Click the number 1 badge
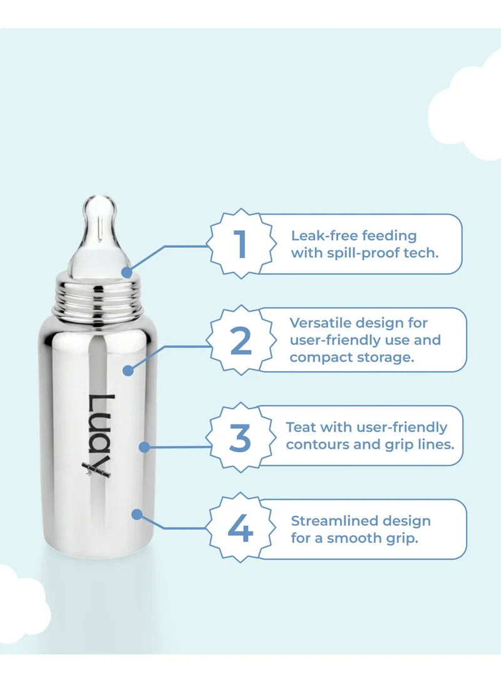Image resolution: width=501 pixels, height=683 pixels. pyautogui.click(x=241, y=244)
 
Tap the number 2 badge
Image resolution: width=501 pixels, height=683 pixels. pyautogui.click(x=241, y=341)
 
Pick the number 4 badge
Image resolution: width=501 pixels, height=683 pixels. pyautogui.click(x=240, y=530)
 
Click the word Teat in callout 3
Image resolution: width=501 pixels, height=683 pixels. pyautogui.click(x=300, y=427)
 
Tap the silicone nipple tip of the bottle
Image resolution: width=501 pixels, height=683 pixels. pyautogui.click(x=98, y=207)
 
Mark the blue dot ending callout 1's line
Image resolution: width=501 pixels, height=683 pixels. pyautogui.click(x=127, y=272)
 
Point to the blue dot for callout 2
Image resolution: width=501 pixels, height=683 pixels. pyautogui.click(x=128, y=371)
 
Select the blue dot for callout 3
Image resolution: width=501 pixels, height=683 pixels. pyautogui.click(x=144, y=447)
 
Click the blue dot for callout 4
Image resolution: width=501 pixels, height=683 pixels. pyautogui.click(x=137, y=514)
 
